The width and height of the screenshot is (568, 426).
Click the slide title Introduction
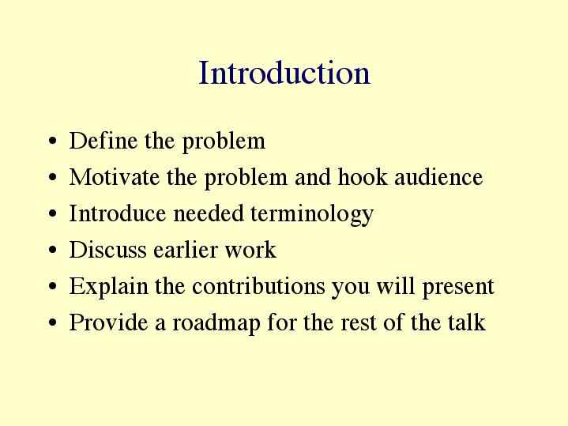[284, 73]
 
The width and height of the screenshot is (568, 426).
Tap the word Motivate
[114, 177]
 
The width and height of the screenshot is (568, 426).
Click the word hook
[363, 177]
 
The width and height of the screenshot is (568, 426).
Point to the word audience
[438, 177]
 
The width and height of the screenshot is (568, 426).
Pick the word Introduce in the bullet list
[118, 213]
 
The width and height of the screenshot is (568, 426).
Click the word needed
[209, 213]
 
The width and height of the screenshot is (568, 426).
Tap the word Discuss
[107, 250]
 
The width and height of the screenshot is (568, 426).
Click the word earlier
[186, 250]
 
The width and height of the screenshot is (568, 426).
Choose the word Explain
[109, 287]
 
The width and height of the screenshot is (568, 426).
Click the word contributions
[258, 285]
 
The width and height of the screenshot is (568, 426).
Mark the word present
[458, 287]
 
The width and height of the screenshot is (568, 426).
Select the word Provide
[108, 322]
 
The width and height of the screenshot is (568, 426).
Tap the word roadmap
[216, 323]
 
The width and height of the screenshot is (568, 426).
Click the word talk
[467, 322]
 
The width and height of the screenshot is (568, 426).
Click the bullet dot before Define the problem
[52, 141]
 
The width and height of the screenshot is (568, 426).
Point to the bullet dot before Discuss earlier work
[52, 251]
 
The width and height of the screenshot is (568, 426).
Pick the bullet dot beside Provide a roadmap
[52, 322]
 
